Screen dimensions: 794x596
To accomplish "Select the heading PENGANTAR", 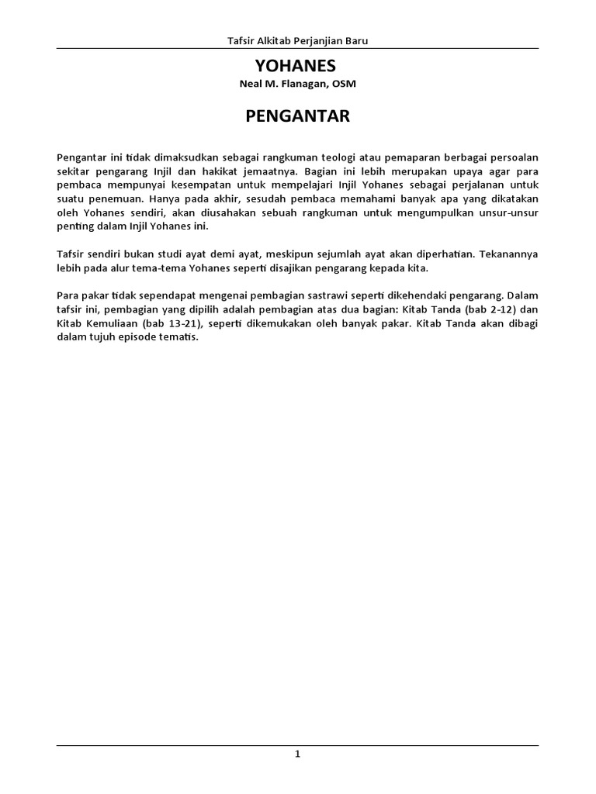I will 298,116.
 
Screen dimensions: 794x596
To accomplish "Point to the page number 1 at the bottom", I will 297,755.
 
